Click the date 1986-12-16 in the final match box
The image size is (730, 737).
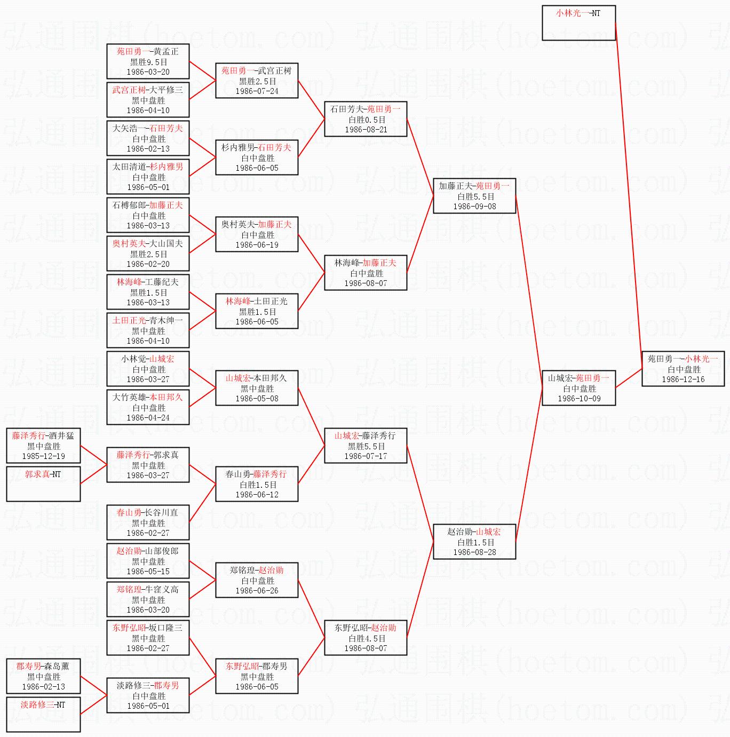pos(683,379)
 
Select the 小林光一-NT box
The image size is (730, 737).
pos(578,23)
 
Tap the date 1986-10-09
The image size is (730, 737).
pos(579,399)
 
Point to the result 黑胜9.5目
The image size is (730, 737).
pos(148,62)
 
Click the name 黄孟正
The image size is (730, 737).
pos(166,52)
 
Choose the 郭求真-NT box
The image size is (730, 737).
pos(43,484)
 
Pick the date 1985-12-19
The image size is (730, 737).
pos(43,456)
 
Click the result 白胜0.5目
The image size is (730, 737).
pos(367,120)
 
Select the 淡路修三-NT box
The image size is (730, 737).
pos(43,714)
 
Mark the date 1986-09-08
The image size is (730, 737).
pos(474,207)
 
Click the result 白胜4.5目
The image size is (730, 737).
pos(367,638)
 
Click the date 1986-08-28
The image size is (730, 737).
pos(474,552)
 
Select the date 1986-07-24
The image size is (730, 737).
pos(257,91)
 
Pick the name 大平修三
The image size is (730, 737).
pos(166,90)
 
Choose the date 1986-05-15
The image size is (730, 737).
pos(148,572)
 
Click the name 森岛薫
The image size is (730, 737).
pos(57,667)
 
